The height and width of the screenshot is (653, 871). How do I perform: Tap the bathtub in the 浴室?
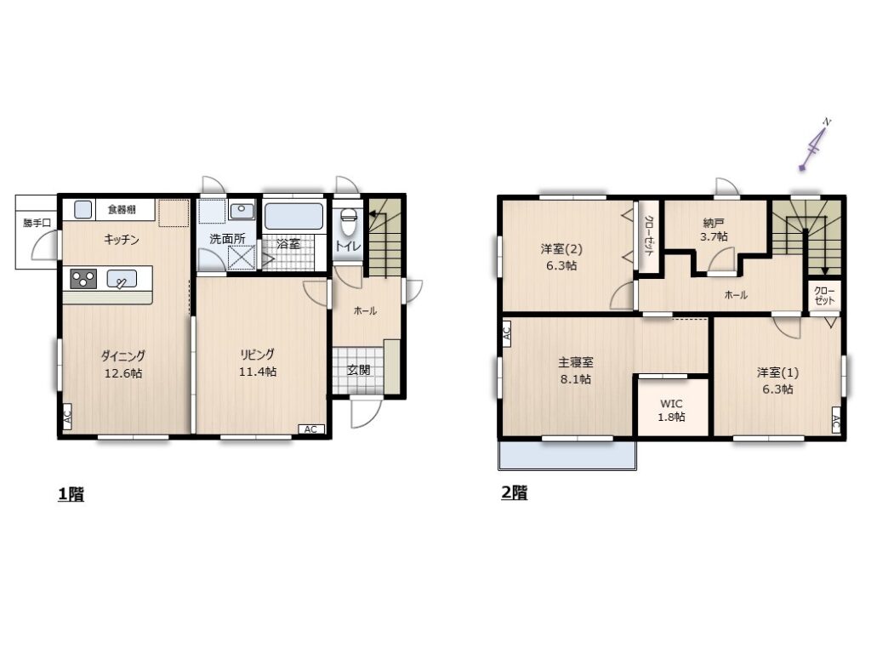[x=293, y=216]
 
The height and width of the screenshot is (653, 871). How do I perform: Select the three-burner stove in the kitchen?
[x=83, y=279]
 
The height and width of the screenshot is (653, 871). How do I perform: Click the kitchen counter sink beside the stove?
[x=122, y=279]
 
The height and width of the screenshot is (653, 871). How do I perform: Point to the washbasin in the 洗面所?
[x=242, y=211]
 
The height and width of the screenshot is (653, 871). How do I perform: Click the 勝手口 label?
[x=37, y=223]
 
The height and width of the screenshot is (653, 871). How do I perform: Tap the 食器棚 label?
[x=122, y=210]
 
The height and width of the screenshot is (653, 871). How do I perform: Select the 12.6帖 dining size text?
[x=123, y=373]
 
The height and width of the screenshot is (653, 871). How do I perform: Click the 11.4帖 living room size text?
[x=258, y=372]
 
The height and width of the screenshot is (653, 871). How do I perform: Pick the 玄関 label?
[x=359, y=370]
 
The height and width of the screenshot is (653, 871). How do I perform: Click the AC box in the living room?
[x=311, y=429]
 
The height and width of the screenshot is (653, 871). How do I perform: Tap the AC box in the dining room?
[x=66, y=417]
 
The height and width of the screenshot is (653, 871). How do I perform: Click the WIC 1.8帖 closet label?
[x=672, y=411]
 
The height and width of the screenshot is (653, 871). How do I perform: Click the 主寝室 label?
[x=576, y=362]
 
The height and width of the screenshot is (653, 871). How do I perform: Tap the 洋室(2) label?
[x=561, y=249]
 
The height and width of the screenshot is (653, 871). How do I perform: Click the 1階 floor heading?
[x=71, y=494]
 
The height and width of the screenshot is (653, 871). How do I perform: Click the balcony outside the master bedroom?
[x=567, y=456]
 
